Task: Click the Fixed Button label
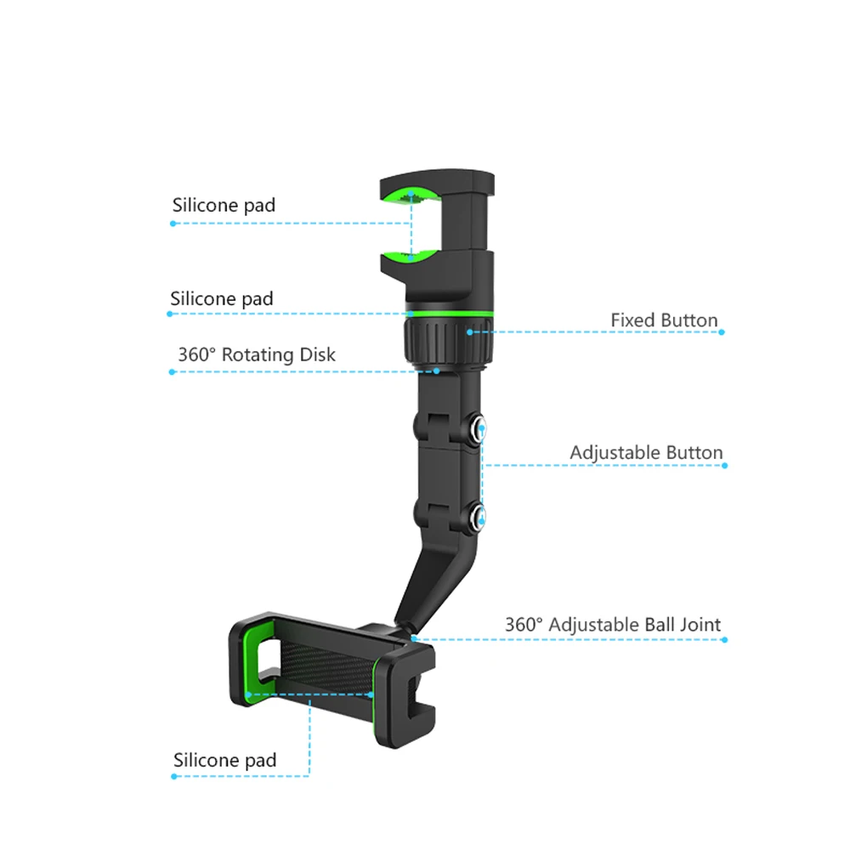664,320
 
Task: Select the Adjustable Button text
646,452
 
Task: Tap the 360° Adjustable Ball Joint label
612,625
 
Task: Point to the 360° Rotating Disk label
256,354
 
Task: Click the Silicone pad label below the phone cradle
224,760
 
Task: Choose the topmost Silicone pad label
224,205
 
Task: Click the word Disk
316,354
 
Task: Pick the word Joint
700,625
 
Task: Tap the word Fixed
632,320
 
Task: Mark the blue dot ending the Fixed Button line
722,331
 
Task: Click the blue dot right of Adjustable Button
723,466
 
